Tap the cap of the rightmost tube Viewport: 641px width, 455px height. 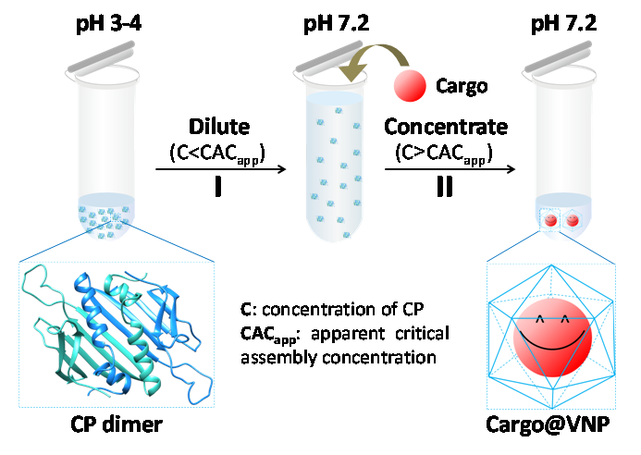tap(561, 57)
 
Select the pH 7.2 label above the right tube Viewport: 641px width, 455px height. tap(563, 18)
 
